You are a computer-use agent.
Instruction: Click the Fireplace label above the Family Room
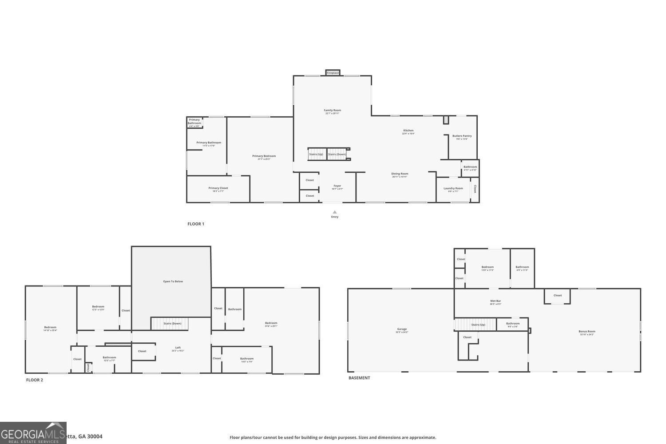point(333,73)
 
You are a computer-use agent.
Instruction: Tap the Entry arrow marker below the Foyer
point(335,212)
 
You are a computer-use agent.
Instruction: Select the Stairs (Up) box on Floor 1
point(317,154)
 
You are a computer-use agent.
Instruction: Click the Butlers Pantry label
point(462,136)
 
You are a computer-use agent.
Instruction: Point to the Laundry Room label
point(453,188)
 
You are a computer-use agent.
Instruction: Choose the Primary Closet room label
point(218,188)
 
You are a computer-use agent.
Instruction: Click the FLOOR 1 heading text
point(196,224)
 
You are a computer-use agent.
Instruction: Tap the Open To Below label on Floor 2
point(173,281)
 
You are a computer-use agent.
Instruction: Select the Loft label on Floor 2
point(178,348)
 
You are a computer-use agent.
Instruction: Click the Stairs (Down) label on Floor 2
point(172,324)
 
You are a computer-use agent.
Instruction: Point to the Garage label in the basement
point(402,329)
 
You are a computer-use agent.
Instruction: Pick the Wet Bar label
point(496,301)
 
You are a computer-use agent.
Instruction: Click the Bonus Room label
point(587,332)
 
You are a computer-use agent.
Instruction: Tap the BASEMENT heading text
point(359,378)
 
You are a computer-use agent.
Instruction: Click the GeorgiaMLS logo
point(33,433)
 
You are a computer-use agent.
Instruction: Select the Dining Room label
point(400,174)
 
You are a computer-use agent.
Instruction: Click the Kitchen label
point(408,131)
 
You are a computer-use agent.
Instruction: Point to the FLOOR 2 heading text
point(35,380)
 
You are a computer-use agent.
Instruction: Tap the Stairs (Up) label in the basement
point(478,325)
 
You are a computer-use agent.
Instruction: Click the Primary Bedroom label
point(264,156)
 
